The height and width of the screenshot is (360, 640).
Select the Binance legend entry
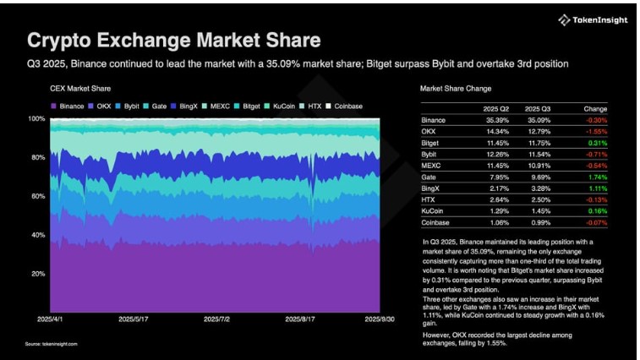coord(68,106)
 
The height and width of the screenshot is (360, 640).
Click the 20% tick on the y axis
coord(37,274)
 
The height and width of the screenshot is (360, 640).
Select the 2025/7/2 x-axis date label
coord(220,320)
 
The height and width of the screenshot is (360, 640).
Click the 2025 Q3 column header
coord(538,109)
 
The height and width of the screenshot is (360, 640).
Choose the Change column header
coord(595,109)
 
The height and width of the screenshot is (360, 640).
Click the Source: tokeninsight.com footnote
coord(50,344)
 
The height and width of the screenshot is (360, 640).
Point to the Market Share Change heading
coord(456,89)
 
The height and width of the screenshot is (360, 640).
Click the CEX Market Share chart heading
coord(80,89)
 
